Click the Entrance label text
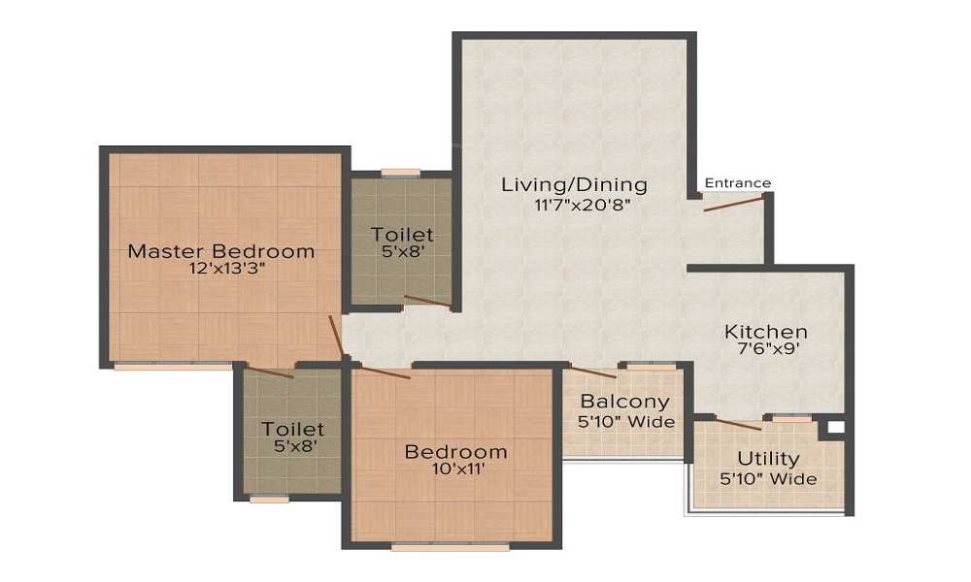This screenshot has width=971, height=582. (738, 183)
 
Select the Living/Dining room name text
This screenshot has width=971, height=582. (574, 185)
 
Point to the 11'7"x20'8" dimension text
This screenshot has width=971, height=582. (574, 205)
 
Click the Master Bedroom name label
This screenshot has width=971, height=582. (221, 251)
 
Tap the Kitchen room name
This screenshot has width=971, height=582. (766, 332)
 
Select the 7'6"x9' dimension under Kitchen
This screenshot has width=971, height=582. (766, 350)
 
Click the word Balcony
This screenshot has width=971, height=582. (624, 402)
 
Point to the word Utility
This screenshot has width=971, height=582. (768, 459)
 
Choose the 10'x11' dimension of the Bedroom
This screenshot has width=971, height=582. (455, 470)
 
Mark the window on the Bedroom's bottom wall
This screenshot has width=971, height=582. (450, 547)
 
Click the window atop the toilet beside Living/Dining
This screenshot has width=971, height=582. (400, 174)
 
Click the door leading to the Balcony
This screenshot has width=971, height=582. (592, 372)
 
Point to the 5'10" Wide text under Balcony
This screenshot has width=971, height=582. (625, 422)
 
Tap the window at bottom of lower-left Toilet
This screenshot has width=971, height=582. (269, 499)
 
